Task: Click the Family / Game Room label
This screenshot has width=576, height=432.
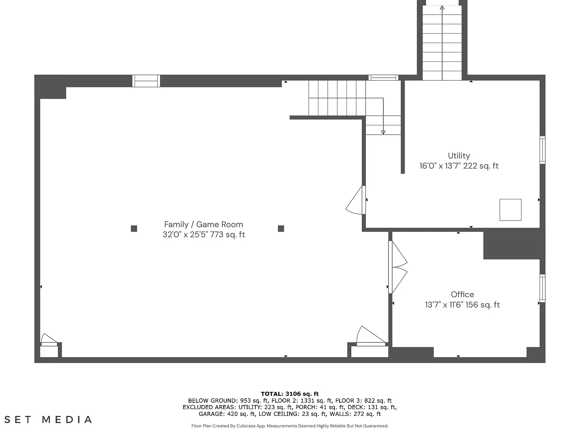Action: point(203,224)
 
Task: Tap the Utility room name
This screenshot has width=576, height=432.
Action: point(459,156)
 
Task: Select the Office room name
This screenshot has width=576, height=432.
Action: point(462,294)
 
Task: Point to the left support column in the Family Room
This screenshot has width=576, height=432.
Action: point(134,228)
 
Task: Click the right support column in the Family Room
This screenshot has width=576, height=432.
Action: point(281,228)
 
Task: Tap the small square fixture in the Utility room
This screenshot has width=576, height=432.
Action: point(510,210)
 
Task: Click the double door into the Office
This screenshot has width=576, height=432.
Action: point(397,267)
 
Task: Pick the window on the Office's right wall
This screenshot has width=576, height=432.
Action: point(542,288)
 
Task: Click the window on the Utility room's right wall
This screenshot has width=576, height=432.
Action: point(542,150)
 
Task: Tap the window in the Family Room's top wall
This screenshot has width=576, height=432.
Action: point(146,81)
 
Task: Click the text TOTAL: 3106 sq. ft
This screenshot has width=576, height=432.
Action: point(290,394)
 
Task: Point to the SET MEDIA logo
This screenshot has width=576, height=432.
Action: point(48,419)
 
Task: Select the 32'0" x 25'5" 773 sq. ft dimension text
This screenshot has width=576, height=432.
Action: point(204,234)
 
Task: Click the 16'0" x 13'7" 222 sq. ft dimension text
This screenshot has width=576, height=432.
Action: point(459,166)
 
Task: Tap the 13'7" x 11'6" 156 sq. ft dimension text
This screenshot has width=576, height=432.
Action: point(462,304)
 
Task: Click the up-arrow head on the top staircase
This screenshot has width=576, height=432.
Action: point(442,7)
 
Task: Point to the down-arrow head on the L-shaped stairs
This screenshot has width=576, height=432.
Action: point(383,132)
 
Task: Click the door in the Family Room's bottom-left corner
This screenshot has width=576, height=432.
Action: point(49,340)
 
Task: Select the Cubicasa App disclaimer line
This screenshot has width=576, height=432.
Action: point(290,426)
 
